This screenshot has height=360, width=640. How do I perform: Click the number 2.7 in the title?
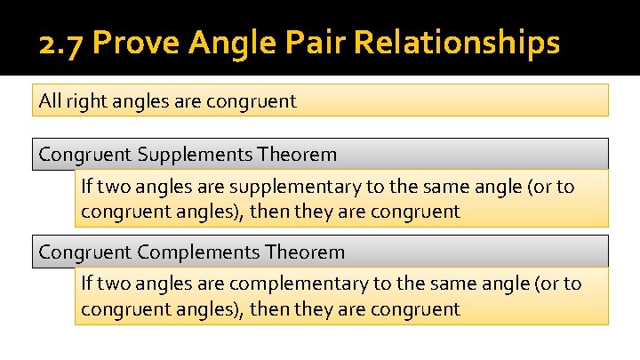click(60, 43)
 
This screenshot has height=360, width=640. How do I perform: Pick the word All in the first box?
click(50, 100)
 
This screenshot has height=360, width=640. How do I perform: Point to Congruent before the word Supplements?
click(85, 155)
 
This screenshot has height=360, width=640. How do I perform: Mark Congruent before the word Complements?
click(85, 252)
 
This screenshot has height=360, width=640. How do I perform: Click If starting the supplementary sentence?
click(86, 188)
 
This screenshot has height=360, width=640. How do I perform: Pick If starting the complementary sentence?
click(86, 284)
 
